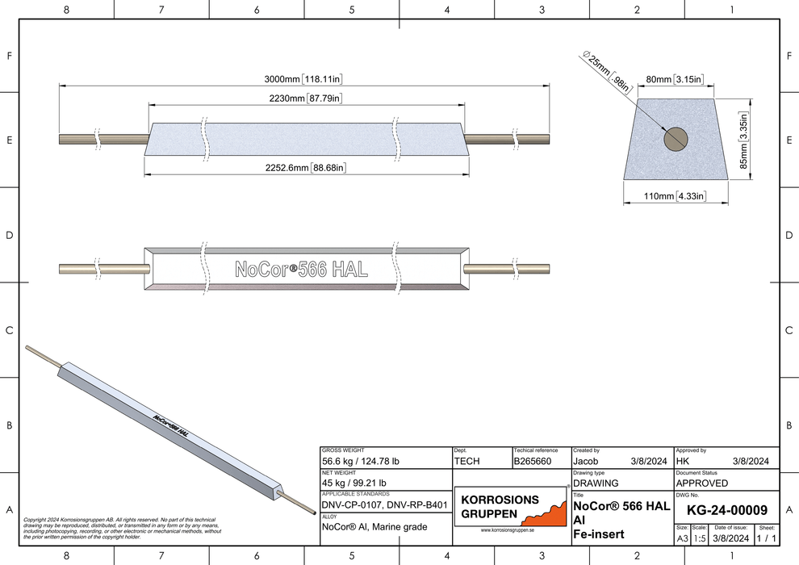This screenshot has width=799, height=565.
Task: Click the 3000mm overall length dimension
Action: pos(304,79)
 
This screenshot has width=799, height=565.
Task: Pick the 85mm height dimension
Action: pos(744,139)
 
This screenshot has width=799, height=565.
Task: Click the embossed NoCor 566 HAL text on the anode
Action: pos(301,270)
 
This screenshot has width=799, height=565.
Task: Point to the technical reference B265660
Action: pos(532,462)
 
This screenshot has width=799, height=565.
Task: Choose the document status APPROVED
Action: pos(701,483)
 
